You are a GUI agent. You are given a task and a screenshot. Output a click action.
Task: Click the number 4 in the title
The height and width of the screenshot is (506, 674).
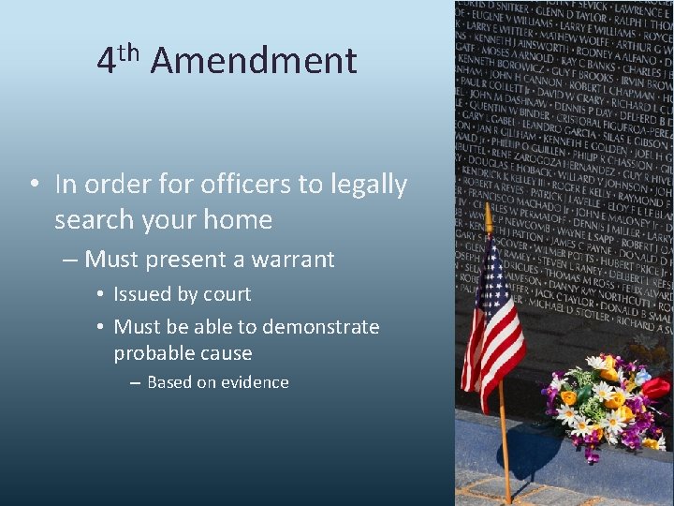(106, 62)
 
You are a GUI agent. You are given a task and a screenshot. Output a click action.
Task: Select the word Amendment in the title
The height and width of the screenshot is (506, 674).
(253, 62)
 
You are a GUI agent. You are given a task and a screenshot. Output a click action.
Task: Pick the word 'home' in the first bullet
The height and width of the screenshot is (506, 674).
(242, 221)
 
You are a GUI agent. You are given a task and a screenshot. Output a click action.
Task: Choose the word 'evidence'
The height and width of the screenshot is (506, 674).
(252, 382)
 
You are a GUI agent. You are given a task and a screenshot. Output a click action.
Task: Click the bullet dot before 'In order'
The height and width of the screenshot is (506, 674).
(34, 186)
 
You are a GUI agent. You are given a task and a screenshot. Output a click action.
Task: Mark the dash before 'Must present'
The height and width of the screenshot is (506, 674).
(71, 260)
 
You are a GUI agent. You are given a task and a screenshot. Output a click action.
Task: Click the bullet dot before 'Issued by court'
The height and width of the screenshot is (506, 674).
(99, 295)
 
